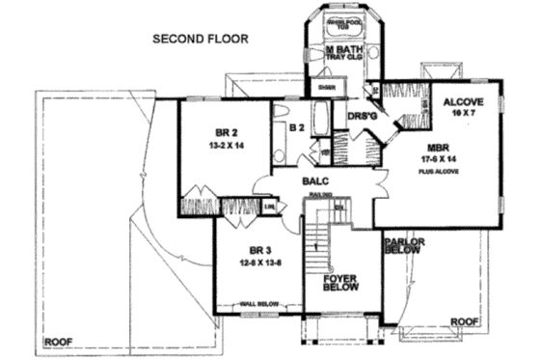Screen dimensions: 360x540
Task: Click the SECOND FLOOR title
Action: (201, 40)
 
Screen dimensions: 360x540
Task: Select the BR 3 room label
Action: (255, 250)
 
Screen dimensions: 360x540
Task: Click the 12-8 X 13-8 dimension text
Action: (255, 263)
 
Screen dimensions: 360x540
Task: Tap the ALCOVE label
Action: (463, 101)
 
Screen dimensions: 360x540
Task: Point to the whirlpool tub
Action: (342, 25)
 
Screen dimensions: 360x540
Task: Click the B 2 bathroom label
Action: (297, 125)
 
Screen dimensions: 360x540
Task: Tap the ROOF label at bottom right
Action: (466, 320)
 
